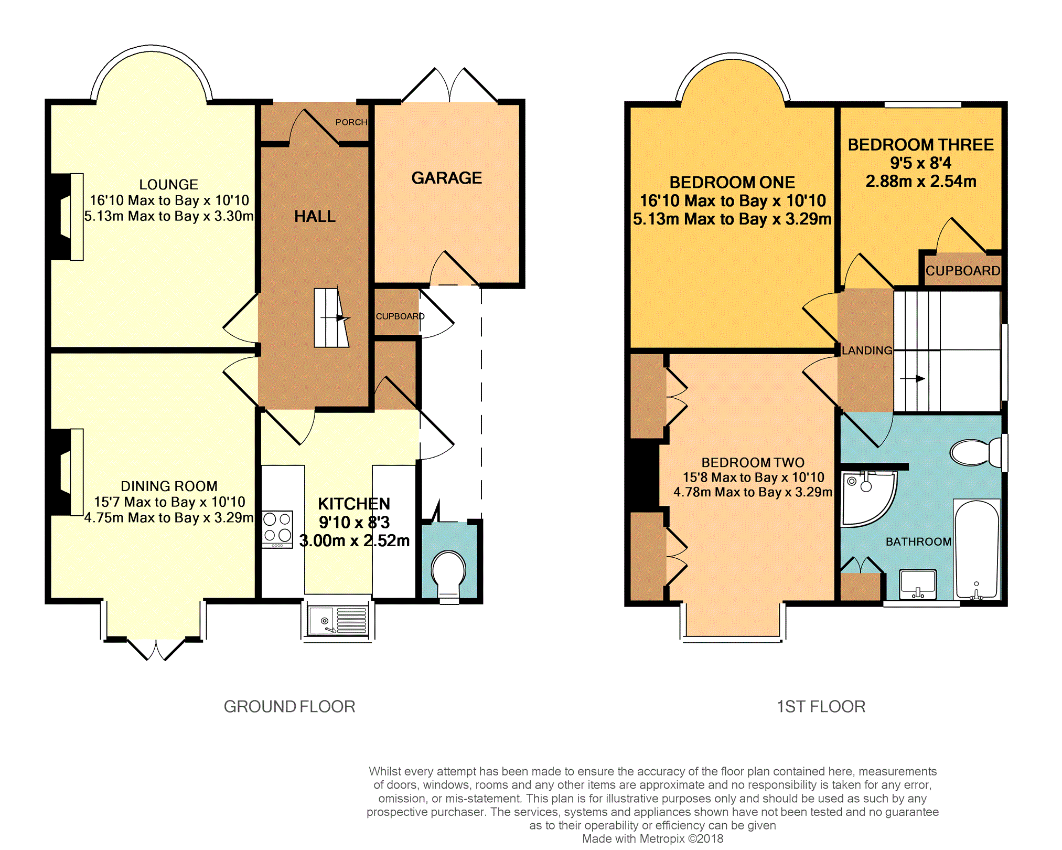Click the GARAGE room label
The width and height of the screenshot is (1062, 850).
click(x=446, y=178)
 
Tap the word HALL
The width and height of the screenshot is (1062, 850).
click(x=315, y=216)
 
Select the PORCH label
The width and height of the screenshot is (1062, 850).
click(x=351, y=122)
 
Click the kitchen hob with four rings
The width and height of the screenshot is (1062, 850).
click(x=277, y=529)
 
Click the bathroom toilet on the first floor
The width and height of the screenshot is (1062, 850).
click(x=977, y=452)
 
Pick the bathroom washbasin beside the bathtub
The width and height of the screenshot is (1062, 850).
click(x=918, y=585)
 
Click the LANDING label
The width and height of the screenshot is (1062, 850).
click(x=867, y=350)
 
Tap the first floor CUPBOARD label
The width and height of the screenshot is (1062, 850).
click(x=963, y=271)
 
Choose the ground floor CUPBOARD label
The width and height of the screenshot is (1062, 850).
click(x=400, y=316)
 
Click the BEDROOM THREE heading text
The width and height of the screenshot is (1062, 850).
click(x=921, y=145)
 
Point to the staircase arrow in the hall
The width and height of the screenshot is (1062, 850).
click(x=336, y=318)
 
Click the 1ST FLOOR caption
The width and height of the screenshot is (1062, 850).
click(x=821, y=707)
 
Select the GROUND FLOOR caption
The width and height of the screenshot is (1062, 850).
click(x=289, y=707)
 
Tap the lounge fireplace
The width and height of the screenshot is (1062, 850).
click(x=67, y=217)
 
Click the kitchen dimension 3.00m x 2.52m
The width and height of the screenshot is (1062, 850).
click(x=355, y=540)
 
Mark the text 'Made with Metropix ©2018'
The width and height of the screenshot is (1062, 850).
click(x=652, y=838)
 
